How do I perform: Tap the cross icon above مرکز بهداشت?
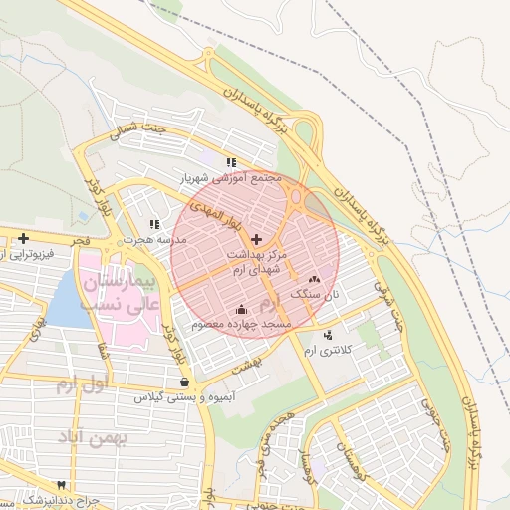pos(258,239)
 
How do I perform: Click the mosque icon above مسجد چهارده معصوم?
pos(243,308)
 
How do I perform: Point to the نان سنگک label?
pos(316,295)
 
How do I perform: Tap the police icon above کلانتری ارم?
pos(329,334)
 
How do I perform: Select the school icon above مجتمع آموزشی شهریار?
pos(231,161)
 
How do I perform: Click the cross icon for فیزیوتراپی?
pos(23,237)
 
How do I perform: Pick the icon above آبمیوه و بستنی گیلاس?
pos(184,381)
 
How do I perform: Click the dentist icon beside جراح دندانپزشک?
pos(63,484)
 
